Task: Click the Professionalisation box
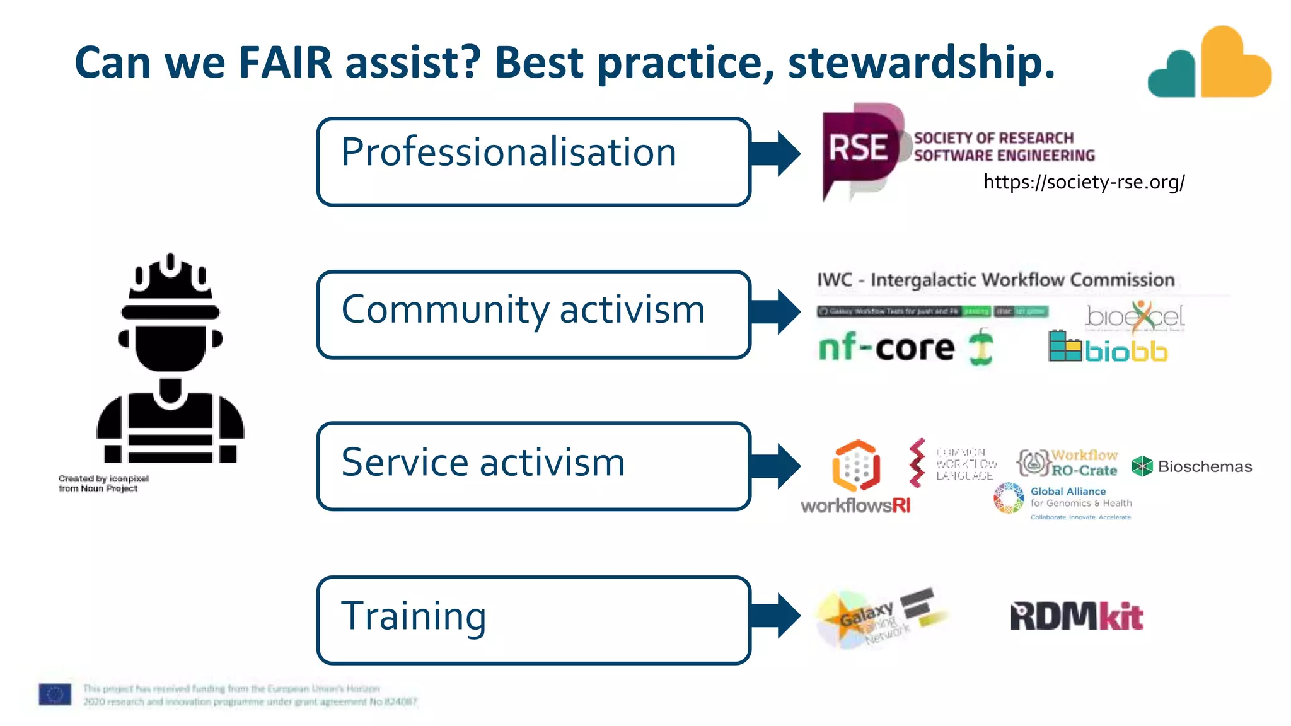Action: (x=533, y=161)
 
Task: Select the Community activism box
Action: (x=533, y=314)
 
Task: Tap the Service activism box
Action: (x=533, y=466)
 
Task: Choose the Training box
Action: (x=533, y=620)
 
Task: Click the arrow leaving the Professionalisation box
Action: (x=777, y=154)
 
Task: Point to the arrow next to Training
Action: (x=777, y=616)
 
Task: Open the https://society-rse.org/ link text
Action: (x=1084, y=182)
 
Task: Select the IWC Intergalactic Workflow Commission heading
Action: (x=995, y=280)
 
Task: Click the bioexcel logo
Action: (x=1135, y=317)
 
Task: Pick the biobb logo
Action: (x=1108, y=348)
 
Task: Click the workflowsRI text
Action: (x=855, y=505)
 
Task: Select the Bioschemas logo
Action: (x=1191, y=466)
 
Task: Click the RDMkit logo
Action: (x=1077, y=616)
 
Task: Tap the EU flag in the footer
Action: (x=55, y=694)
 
